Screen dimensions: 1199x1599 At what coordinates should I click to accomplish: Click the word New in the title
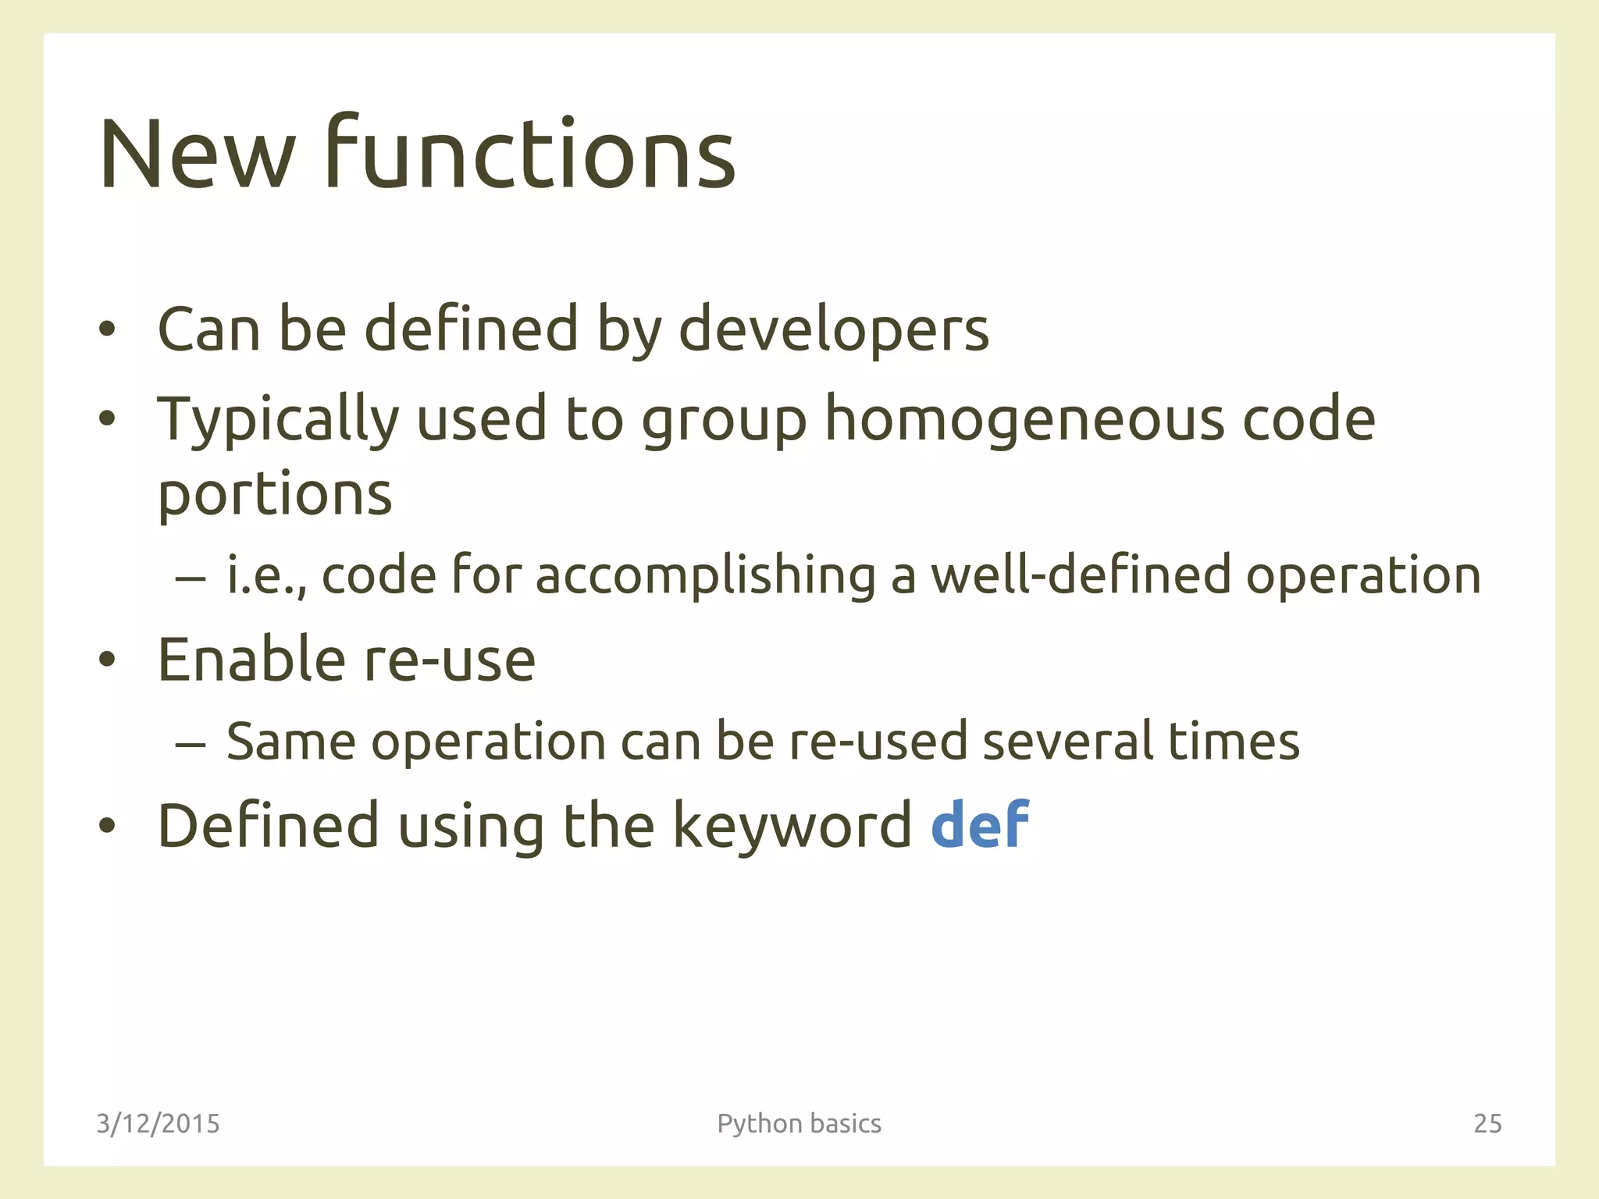tap(198, 155)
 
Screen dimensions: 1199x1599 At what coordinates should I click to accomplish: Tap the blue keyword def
tap(980, 825)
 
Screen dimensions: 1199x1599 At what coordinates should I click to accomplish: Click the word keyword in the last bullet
tap(792, 826)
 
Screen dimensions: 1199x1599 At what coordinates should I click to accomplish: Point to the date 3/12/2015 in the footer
tap(158, 1124)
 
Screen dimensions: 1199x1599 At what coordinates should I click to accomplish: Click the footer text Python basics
tap(799, 1124)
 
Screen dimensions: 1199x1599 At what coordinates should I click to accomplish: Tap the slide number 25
tap(1487, 1124)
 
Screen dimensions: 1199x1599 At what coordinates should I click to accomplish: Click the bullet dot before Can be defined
tap(107, 330)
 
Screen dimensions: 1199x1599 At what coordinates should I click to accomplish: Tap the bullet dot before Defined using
tap(107, 827)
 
